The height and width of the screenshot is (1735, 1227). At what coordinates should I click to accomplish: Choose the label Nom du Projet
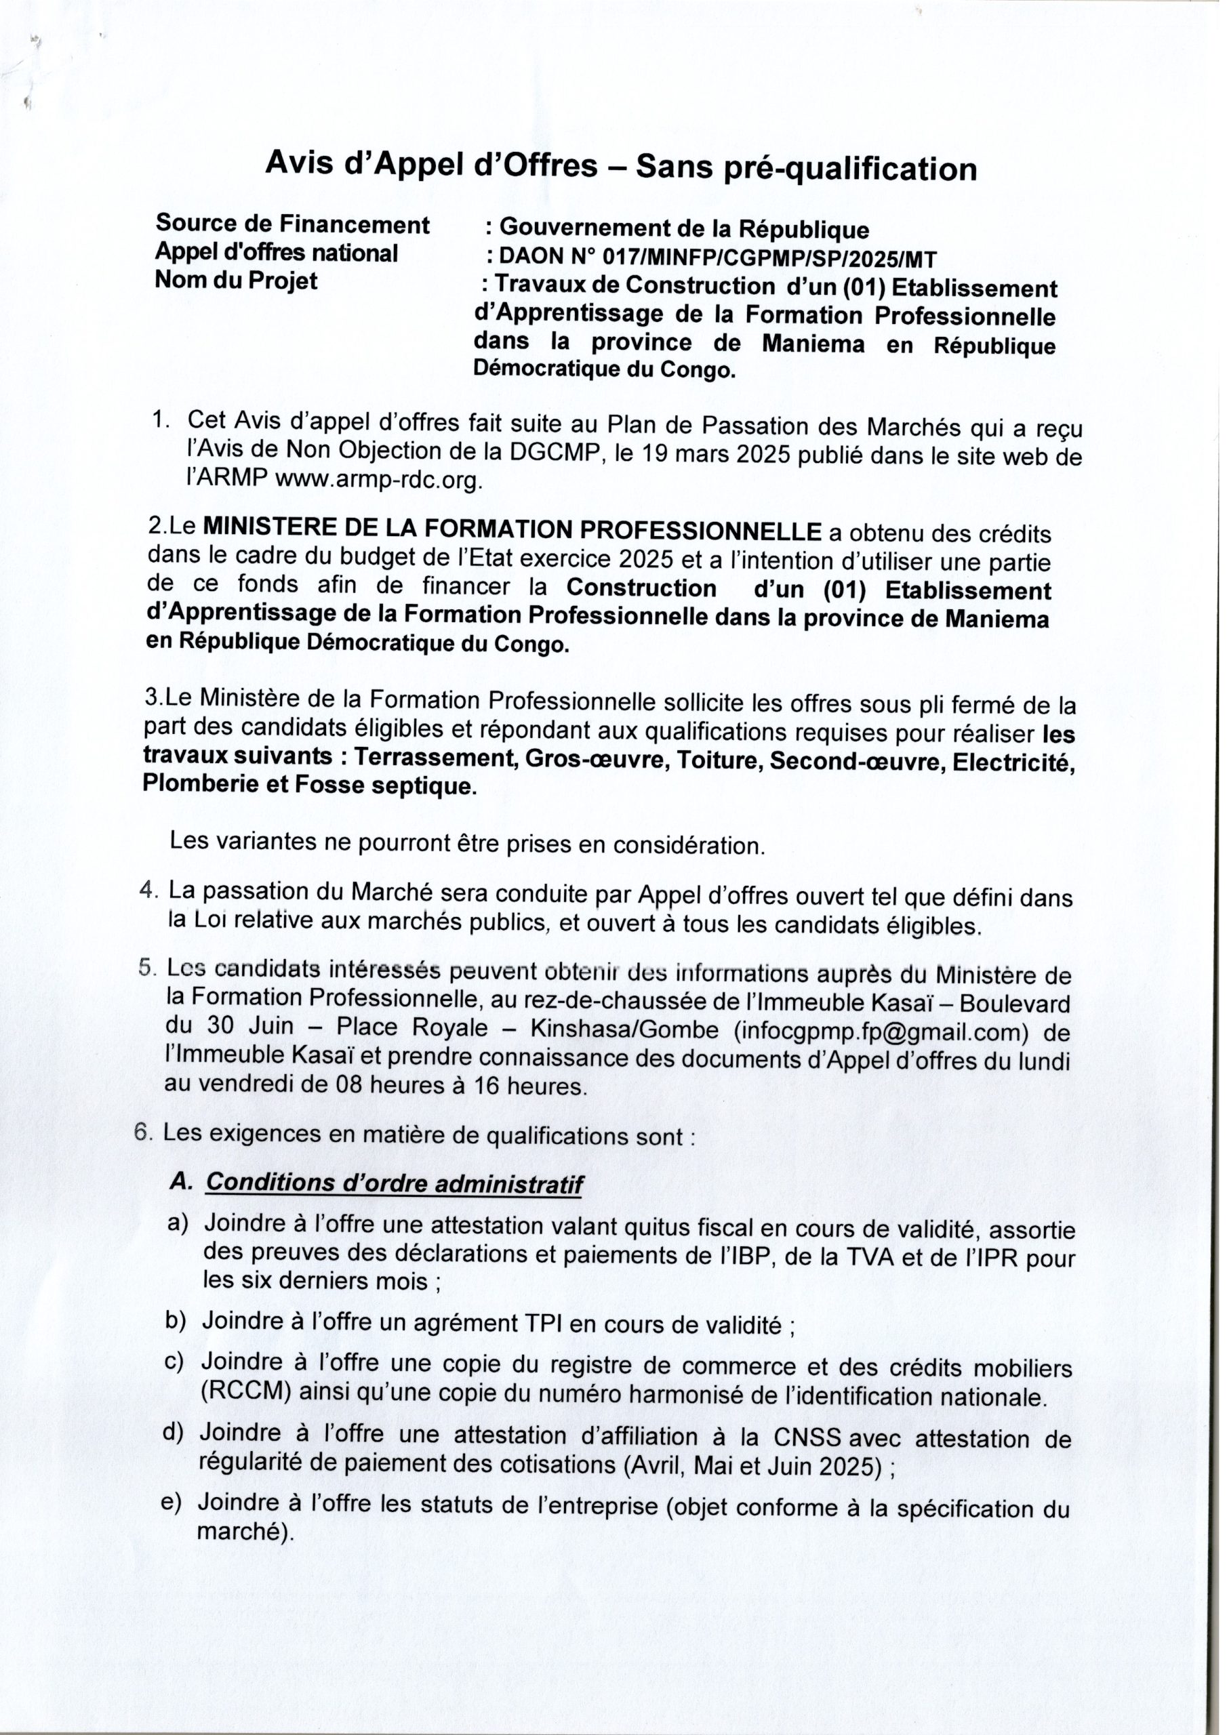[x=236, y=281]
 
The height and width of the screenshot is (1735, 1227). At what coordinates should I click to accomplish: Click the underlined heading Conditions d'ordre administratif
[x=394, y=1183]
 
